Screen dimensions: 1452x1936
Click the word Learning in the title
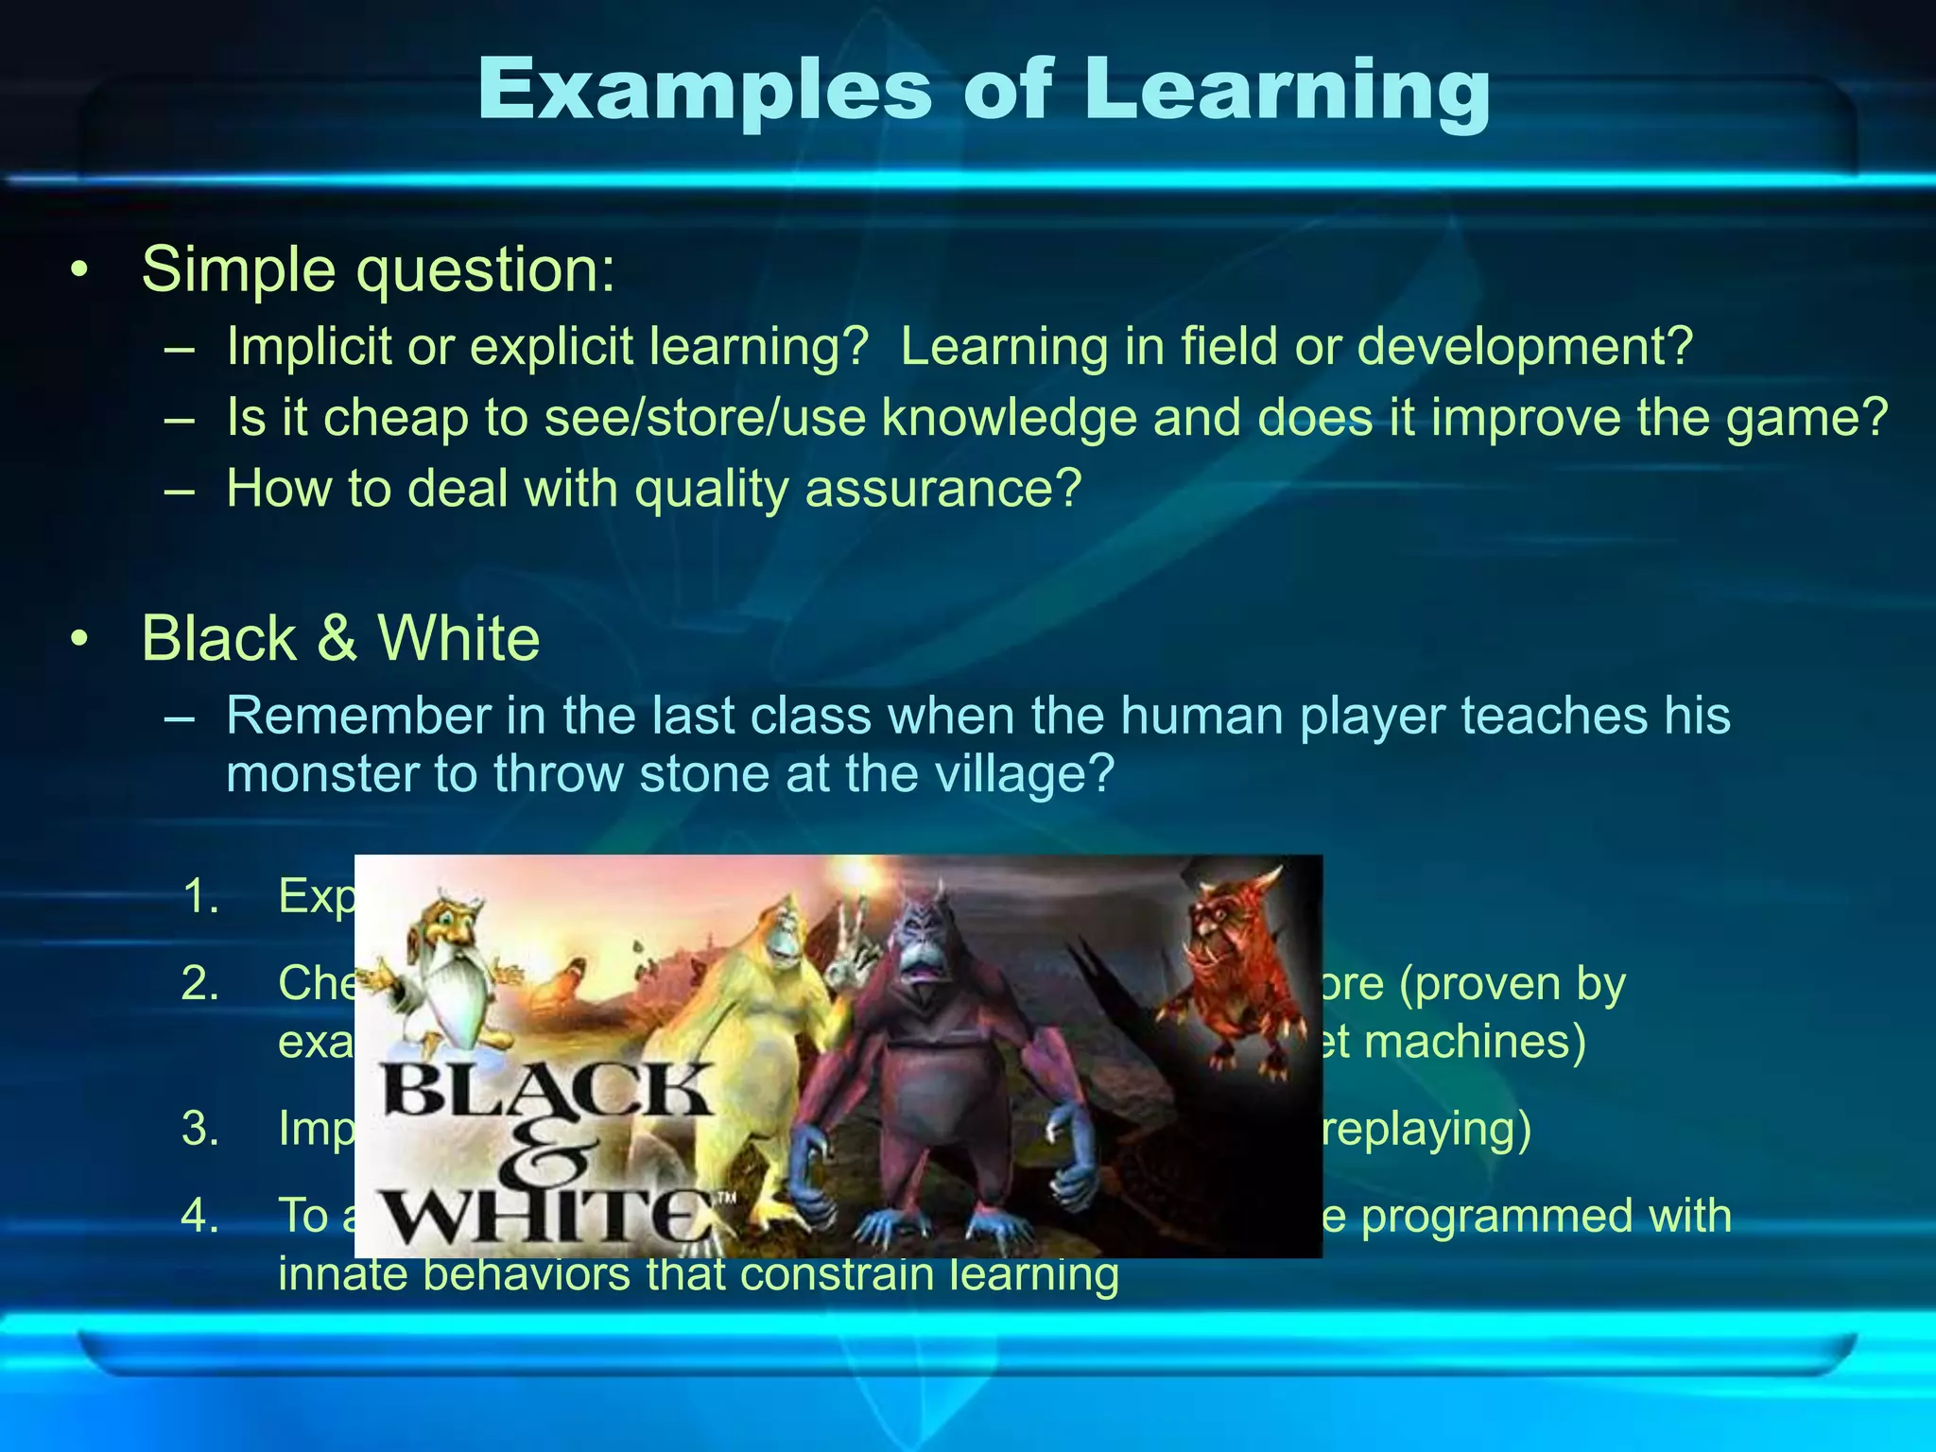pos(1286,91)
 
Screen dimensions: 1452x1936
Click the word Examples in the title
pos(704,91)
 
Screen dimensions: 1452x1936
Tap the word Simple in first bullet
pos(238,270)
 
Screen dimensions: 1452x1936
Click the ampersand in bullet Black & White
pos(337,638)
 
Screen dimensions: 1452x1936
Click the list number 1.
pos(199,896)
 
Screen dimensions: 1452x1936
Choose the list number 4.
pos(199,1216)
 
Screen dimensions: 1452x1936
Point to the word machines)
pos(1475,1042)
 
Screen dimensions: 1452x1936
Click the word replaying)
pos(1427,1129)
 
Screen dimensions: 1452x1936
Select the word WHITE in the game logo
pos(548,1215)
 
